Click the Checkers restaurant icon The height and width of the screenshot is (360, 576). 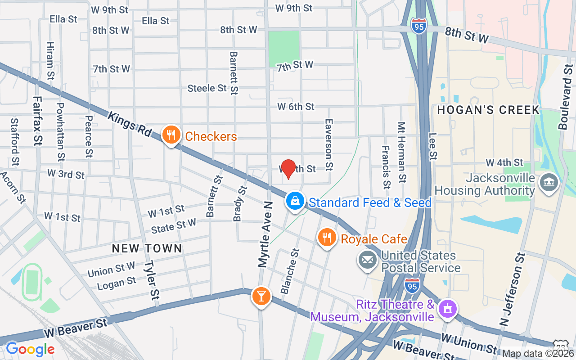coord(171,135)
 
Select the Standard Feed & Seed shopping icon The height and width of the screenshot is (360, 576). coord(295,201)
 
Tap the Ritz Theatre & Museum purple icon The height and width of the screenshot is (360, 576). coord(447,309)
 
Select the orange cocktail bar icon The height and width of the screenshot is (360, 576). coord(261,296)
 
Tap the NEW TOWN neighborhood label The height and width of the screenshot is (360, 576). coord(147,248)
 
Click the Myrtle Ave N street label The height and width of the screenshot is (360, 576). coord(265,234)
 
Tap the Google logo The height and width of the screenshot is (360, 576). coord(30,349)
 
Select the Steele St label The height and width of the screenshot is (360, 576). coord(207,88)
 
